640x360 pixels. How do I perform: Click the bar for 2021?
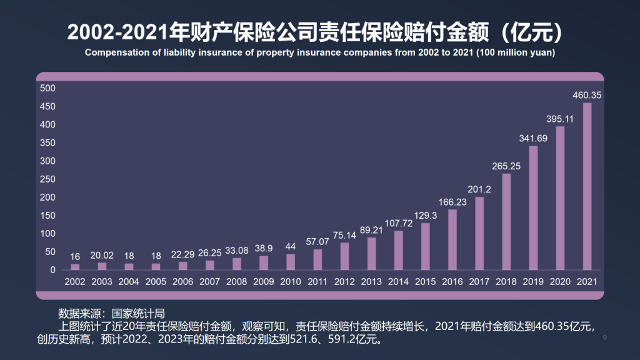pyautogui.click(x=587, y=186)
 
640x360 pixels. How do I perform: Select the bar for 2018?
pyautogui.click(x=506, y=221)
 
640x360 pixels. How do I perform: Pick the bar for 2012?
pyautogui.click(x=344, y=256)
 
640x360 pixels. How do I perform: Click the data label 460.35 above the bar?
pyautogui.click(x=587, y=95)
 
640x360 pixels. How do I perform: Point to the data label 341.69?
pyautogui.click(x=533, y=138)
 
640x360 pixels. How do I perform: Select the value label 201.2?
pyautogui.click(x=479, y=189)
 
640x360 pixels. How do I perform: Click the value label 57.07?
pyautogui.click(x=317, y=241)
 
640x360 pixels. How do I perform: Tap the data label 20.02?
pyautogui.click(x=102, y=255)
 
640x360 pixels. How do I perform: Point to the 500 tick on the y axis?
pyautogui.click(x=47, y=88)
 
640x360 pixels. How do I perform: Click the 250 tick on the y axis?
pyautogui.click(x=47, y=179)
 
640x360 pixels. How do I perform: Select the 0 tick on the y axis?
pyautogui.click(x=53, y=270)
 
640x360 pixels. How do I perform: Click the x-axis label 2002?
pyautogui.click(x=75, y=282)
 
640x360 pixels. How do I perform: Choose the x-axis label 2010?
pyautogui.click(x=291, y=282)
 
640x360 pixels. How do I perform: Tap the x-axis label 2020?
pyautogui.click(x=560, y=282)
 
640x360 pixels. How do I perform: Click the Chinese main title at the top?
pyautogui.click(x=320, y=31)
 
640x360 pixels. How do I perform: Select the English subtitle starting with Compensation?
pyautogui.click(x=320, y=52)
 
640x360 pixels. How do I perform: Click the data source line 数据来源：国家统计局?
pyautogui.click(x=111, y=312)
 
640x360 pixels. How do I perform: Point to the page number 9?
pyautogui.click(x=605, y=338)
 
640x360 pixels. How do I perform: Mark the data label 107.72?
pyautogui.click(x=398, y=223)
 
